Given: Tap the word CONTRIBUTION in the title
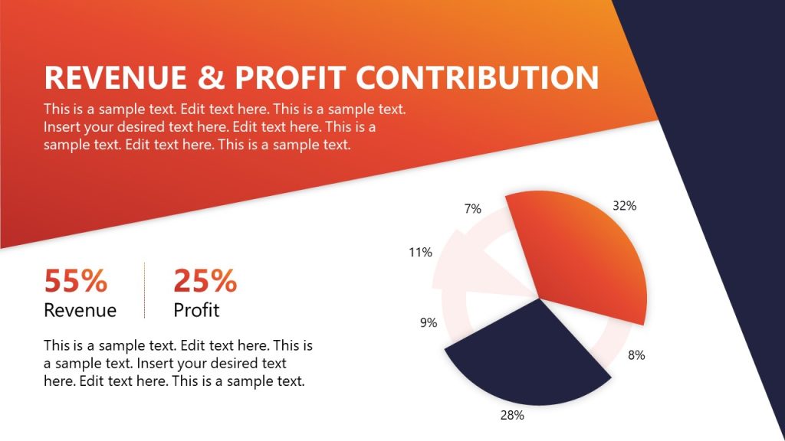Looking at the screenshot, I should point(478,78).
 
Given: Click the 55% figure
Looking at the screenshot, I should point(75,281).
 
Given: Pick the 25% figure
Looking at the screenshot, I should point(205,281).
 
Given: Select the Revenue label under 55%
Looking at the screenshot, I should point(80,310).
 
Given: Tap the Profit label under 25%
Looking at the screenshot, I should point(196,310).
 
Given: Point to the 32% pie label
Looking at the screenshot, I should point(624,205).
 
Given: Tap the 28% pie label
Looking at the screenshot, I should point(512,416).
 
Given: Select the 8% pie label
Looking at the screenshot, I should point(636,355).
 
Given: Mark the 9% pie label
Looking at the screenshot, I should point(429,323).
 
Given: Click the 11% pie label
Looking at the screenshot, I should point(420,252).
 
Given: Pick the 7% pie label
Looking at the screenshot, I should point(473,208).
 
